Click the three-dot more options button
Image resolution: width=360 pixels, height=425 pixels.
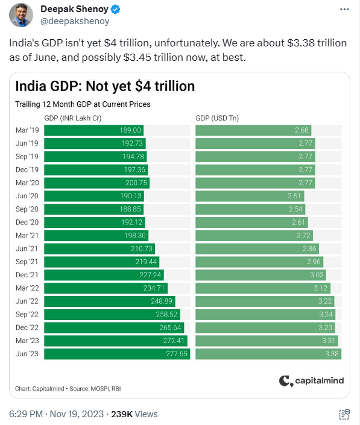coord(344,10)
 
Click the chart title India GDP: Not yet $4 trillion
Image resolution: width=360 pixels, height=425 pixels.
coord(104,86)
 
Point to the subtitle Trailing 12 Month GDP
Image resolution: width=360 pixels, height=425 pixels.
coord(83,104)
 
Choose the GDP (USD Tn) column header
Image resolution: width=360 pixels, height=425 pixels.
coord(217,118)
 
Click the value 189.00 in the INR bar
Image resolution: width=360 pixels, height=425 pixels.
coord(131,130)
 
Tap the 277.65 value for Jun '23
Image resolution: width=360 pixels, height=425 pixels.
coord(177,354)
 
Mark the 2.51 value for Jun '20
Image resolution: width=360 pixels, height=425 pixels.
coord(311,196)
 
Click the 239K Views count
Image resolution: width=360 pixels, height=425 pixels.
coord(141,414)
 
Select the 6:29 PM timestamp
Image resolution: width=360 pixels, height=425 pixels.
coord(25,414)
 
